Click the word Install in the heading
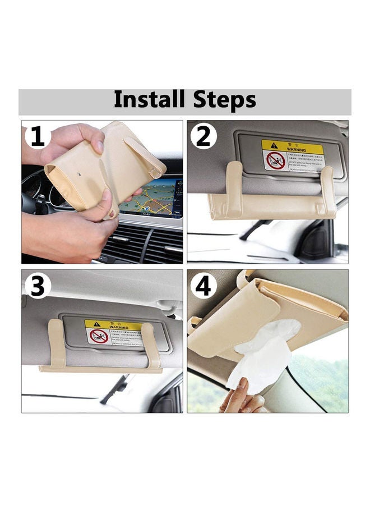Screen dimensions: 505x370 [149, 100]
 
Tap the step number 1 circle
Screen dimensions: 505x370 [37, 136]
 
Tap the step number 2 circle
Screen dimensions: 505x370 [203, 136]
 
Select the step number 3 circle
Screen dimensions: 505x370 [37, 286]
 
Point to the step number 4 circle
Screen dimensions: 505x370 [203, 286]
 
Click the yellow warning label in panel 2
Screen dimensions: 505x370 [292, 155]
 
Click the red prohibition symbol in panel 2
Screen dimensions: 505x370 [275, 160]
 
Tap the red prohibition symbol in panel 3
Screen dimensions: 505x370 [98, 337]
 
